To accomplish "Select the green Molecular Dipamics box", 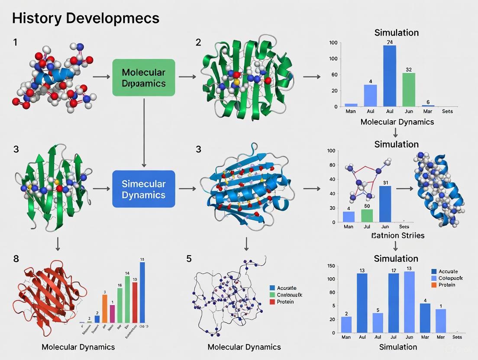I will (144, 77).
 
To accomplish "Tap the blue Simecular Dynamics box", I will (144, 190).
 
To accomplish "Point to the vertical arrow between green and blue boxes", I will (144, 132).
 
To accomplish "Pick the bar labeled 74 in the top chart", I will (390, 76).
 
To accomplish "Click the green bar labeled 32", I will (409, 90).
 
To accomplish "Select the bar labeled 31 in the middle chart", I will (385, 204).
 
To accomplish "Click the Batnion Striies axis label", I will (398, 236).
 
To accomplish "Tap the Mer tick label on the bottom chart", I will (440, 337).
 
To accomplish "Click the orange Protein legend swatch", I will (434, 285).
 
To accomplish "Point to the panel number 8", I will (16, 259).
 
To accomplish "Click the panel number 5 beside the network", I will (189, 259).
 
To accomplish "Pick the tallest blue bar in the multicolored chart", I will (142, 292).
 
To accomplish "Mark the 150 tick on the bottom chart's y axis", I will (331, 266).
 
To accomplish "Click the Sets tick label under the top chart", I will (447, 111).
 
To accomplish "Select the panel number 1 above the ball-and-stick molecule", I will (16, 43).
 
